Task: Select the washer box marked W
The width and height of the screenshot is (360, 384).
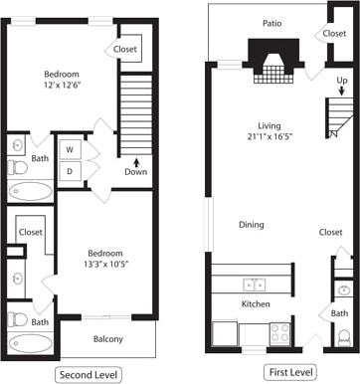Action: point(70,148)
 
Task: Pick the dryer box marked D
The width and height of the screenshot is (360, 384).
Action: point(70,171)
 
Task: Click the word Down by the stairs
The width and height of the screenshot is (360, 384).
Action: point(135,171)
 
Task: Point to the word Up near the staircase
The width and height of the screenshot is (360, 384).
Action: point(342,80)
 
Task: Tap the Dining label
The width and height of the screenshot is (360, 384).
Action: point(251,224)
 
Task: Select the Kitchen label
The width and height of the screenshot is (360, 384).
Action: point(257,302)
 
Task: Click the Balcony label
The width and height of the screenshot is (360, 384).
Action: point(108,340)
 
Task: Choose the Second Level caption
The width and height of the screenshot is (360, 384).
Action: point(89,374)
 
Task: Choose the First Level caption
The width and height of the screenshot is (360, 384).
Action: point(290,372)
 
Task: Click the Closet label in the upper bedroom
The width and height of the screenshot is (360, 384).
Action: point(125,49)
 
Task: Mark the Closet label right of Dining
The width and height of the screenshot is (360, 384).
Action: point(331,232)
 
